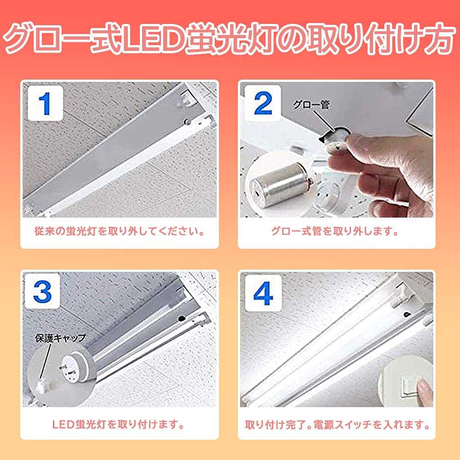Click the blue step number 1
click(x=45, y=104)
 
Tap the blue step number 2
click(x=263, y=104)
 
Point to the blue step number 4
click(x=263, y=294)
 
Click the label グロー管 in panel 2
click(x=311, y=105)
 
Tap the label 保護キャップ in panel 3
click(x=60, y=339)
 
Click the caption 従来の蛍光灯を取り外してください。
click(x=120, y=231)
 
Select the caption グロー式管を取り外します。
click(x=335, y=231)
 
